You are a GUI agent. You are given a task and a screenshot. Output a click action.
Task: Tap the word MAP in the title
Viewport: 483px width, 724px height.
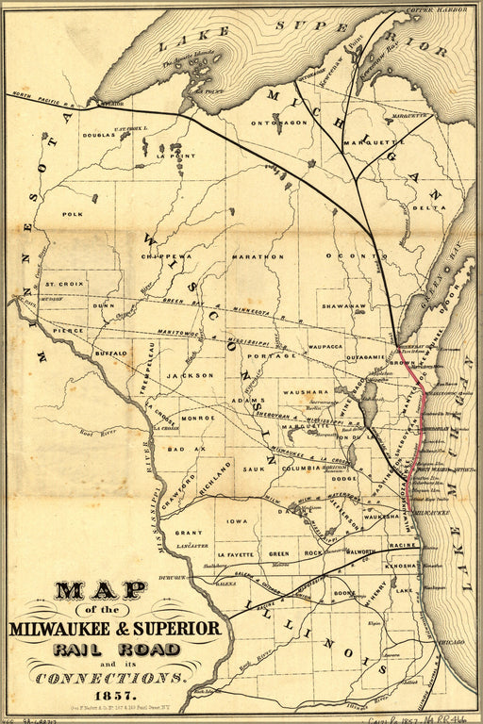point(100,591)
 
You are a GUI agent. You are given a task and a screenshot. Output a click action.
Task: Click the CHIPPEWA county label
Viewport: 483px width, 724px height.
point(166,255)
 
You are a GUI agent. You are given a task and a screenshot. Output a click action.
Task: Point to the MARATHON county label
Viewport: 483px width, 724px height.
point(258,255)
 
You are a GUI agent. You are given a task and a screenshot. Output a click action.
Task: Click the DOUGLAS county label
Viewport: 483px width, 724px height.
point(98,135)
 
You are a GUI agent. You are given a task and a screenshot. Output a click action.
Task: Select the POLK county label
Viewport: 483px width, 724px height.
point(73,215)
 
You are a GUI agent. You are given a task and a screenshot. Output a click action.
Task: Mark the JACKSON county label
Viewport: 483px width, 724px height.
point(185,375)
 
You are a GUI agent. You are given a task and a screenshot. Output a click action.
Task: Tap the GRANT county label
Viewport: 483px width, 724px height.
point(189,533)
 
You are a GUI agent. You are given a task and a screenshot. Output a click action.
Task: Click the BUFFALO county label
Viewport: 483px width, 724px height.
point(110,353)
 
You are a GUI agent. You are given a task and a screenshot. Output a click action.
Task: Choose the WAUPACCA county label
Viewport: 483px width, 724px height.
point(329,347)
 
